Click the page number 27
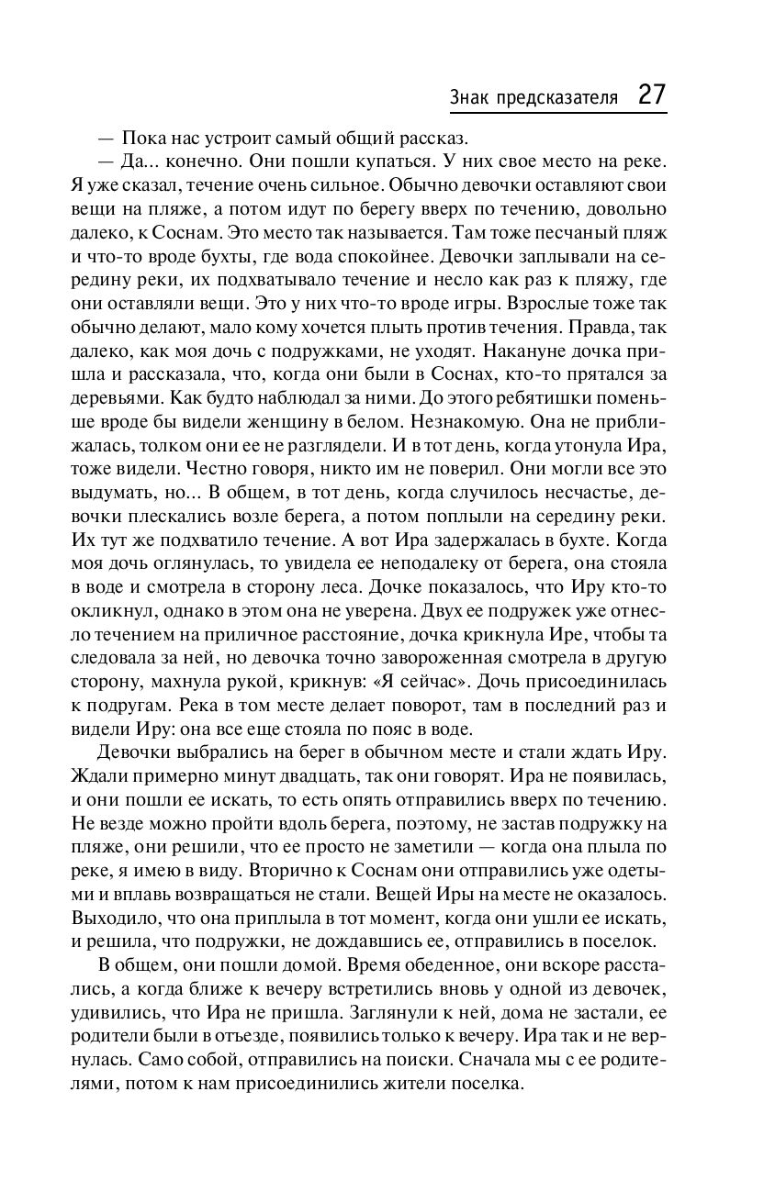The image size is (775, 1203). click(650, 95)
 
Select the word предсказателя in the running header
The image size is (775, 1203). click(555, 97)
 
